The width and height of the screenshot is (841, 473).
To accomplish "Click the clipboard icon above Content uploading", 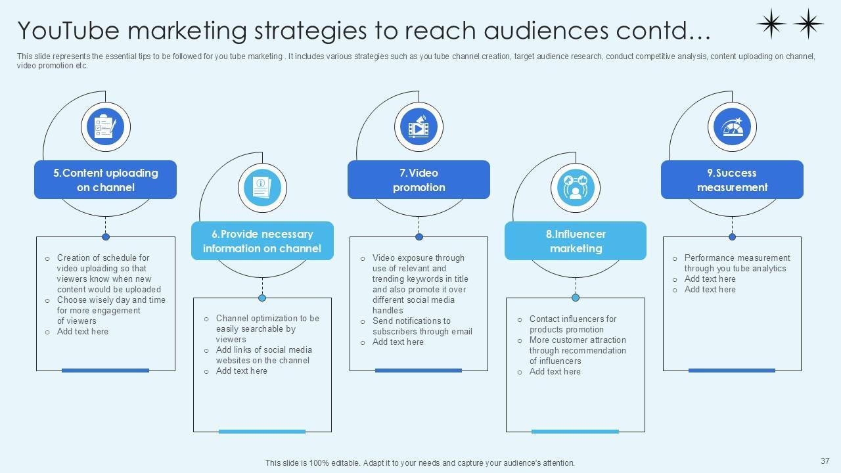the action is pyautogui.click(x=105, y=125).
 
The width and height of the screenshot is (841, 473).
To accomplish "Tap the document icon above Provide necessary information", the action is pyautogui.click(x=262, y=187).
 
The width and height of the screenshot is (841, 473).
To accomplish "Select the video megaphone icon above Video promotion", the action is pyautogui.click(x=419, y=125).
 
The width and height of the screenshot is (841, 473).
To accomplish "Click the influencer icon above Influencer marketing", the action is pyautogui.click(x=576, y=187).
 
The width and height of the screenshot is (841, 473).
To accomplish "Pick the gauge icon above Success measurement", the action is pyautogui.click(x=732, y=125).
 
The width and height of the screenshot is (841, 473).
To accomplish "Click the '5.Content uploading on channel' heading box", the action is pyautogui.click(x=105, y=179).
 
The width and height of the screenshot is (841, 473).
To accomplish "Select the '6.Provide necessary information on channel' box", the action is pyautogui.click(x=262, y=241).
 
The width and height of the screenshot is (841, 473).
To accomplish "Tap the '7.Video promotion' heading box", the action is pyautogui.click(x=419, y=179).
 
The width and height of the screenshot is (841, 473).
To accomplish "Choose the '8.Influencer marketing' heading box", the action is pyautogui.click(x=576, y=241).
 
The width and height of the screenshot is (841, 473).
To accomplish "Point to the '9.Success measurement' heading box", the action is pyautogui.click(x=732, y=179).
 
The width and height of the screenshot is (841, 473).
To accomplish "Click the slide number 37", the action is pyautogui.click(x=825, y=461).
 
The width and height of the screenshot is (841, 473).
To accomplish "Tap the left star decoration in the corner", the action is pyautogui.click(x=771, y=24).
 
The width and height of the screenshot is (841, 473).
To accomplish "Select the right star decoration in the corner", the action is pyautogui.click(x=808, y=24).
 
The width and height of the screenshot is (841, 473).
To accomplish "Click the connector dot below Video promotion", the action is pyautogui.click(x=419, y=236).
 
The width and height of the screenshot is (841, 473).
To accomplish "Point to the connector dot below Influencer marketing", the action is pyautogui.click(x=576, y=298).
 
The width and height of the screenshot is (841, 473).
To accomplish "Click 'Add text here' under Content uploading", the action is pyautogui.click(x=82, y=332).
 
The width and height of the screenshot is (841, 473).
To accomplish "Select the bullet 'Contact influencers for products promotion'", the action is pyautogui.click(x=572, y=324).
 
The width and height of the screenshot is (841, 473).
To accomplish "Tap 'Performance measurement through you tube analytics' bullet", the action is pyautogui.click(x=737, y=263).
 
